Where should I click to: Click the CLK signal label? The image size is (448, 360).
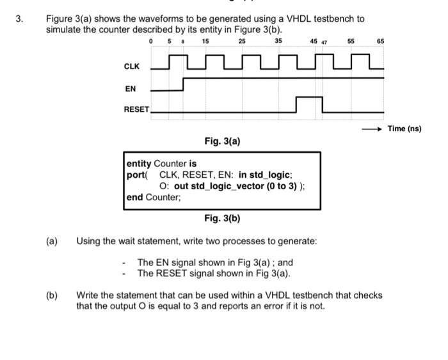click(x=131, y=66)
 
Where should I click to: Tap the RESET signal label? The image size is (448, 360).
click(x=136, y=109)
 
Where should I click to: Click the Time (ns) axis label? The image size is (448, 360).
click(x=405, y=129)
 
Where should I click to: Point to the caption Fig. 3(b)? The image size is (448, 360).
click(x=222, y=219)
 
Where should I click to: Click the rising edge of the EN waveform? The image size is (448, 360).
click(x=184, y=84)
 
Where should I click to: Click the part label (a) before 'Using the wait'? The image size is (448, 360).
click(x=51, y=242)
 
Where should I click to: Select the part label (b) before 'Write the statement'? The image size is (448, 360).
click(x=51, y=295)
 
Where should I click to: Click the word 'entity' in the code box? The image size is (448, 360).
click(x=140, y=164)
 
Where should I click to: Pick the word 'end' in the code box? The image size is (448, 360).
click(x=135, y=197)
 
